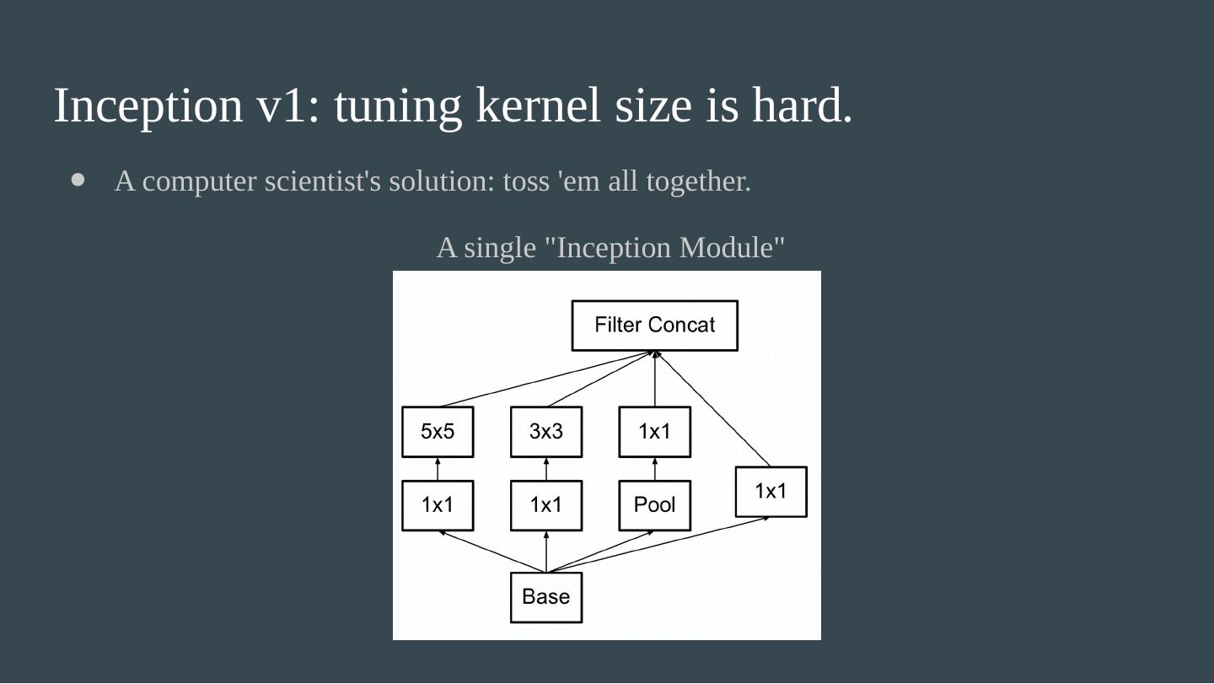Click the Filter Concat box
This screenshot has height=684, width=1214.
tap(654, 326)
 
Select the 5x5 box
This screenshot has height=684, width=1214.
tap(437, 432)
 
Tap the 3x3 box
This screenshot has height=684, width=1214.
tap(545, 432)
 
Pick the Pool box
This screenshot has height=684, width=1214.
tap(654, 505)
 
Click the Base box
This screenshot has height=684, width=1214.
tap(545, 597)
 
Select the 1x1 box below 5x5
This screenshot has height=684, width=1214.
tap(437, 505)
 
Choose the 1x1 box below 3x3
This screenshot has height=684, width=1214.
tap(545, 505)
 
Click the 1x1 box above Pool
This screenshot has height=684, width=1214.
tap(654, 432)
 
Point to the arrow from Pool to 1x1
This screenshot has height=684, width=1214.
tap(655, 469)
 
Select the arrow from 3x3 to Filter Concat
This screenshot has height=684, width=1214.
tap(600, 380)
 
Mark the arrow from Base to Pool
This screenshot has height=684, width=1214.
tap(600, 552)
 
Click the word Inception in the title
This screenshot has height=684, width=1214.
tap(148, 106)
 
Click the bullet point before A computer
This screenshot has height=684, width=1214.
tap(79, 180)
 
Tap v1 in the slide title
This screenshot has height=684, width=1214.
tap(282, 106)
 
